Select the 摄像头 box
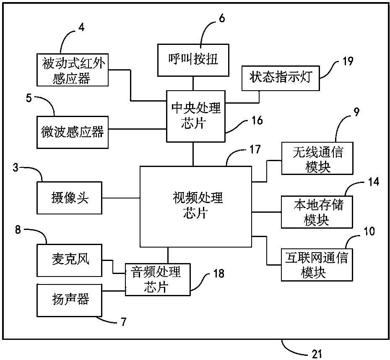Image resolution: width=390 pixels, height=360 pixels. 69,198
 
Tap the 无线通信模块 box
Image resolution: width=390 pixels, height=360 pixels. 317,159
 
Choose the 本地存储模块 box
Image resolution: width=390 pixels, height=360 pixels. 317,212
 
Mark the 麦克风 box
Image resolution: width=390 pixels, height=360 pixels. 69,260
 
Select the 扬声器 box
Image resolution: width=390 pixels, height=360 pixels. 69,300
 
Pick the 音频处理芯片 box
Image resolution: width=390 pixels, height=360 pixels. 158,279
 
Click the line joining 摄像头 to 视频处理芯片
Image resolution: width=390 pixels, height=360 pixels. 121,198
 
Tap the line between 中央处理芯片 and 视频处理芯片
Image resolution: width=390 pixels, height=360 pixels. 193,154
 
